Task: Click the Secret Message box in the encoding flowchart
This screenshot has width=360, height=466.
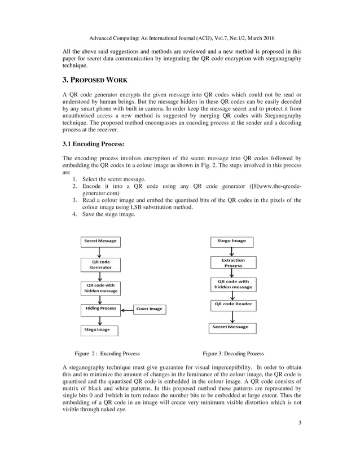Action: [x=100, y=241]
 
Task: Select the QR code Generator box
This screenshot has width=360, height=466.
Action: [x=100, y=265]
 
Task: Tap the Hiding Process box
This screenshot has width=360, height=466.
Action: [x=100, y=309]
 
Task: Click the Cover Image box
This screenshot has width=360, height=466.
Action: [x=148, y=309]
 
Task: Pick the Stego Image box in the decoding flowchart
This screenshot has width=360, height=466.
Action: [x=231, y=241]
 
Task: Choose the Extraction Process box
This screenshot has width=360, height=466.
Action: [x=233, y=263]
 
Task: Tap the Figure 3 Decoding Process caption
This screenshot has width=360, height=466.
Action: [x=233, y=354]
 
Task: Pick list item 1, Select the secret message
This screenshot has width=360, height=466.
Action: [x=113, y=179]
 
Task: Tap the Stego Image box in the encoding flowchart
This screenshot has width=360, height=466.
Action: [x=97, y=329]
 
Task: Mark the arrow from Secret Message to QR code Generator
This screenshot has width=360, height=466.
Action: [x=100, y=252]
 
